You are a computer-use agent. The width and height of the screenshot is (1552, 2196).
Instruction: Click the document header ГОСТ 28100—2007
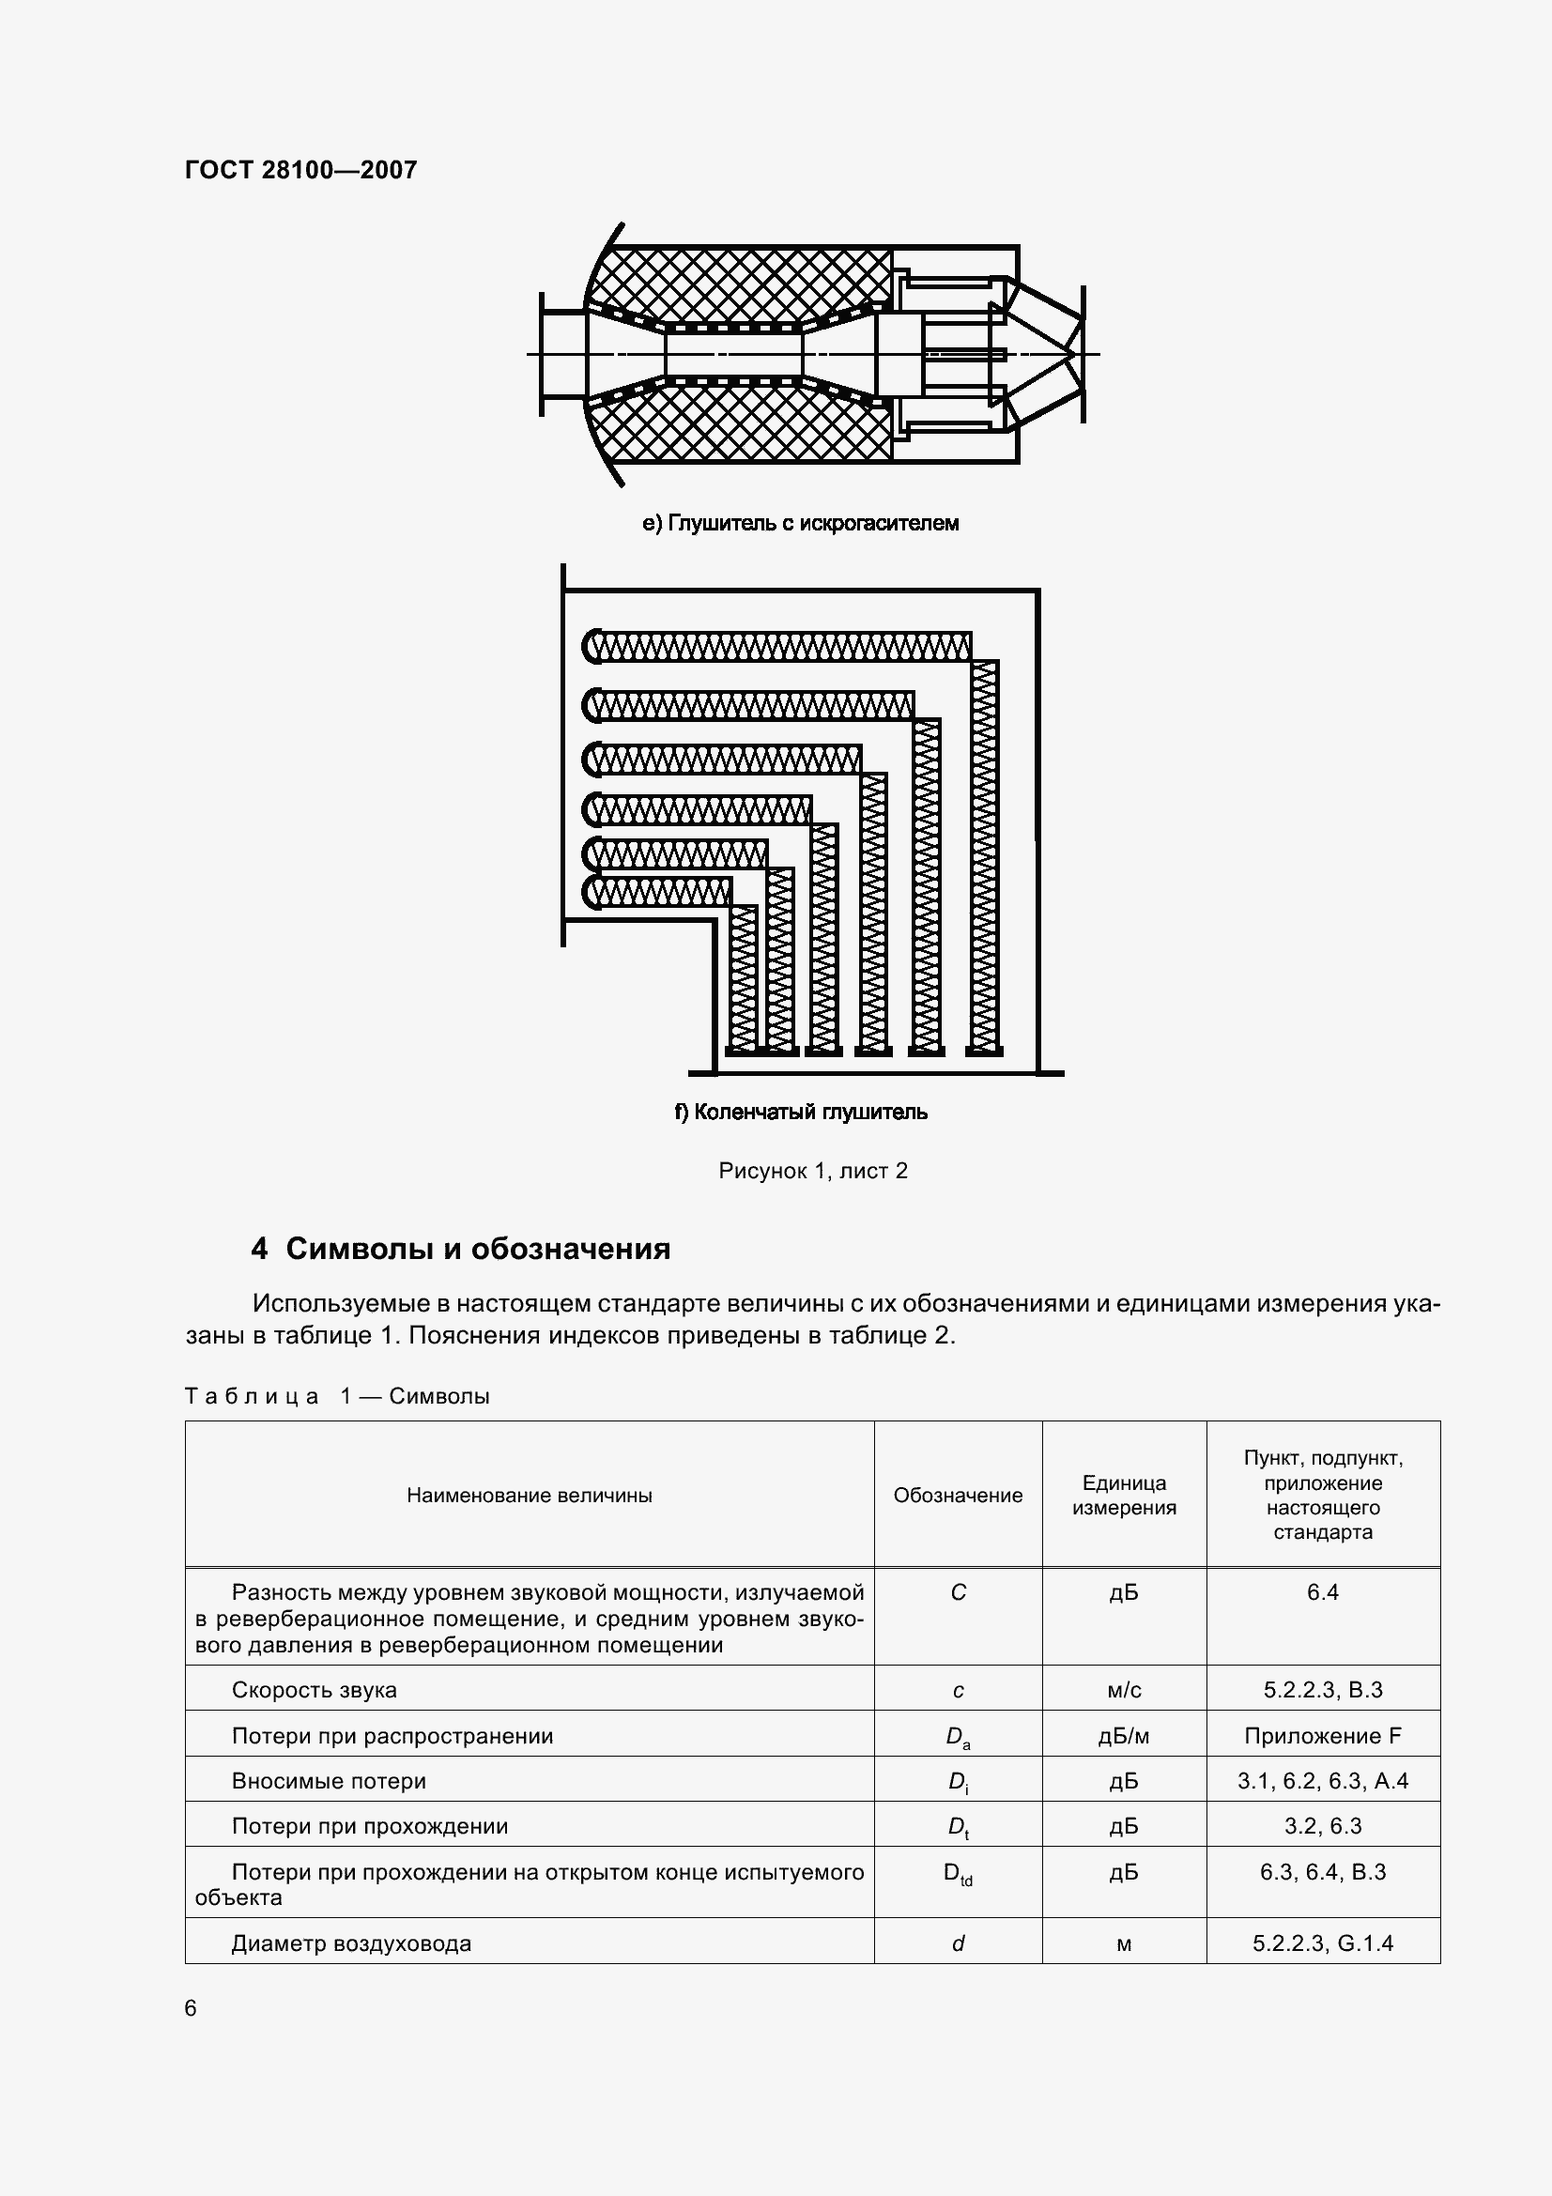click(300, 170)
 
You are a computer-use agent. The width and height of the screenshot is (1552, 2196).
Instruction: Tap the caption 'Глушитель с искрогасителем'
click(800, 523)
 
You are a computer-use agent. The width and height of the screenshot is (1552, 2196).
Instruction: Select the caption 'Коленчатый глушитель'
click(800, 1112)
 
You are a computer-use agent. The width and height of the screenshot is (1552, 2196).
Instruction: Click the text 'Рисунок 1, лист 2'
click(813, 1171)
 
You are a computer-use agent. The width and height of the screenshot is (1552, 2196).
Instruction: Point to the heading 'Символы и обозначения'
click(460, 1249)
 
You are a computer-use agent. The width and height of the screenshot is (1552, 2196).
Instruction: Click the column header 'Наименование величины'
click(529, 1495)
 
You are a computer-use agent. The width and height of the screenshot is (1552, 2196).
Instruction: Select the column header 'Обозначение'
click(958, 1495)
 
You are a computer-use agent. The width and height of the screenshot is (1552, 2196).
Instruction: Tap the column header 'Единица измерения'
click(1124, 1495)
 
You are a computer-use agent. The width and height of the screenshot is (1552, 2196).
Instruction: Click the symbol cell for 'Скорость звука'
click(959, 1690)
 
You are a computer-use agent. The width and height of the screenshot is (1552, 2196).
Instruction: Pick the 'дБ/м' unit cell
click(1124, 1736)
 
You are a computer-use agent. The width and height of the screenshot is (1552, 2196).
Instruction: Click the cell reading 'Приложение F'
click(1323, 1736)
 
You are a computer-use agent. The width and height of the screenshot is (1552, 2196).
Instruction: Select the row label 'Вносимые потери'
click(329, 1781)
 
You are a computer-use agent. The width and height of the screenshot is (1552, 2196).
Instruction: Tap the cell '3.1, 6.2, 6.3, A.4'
click(1323, 1781)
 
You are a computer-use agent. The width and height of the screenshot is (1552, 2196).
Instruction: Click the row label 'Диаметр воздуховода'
click(351, 1943)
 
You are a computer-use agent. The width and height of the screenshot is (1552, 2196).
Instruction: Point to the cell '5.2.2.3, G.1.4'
click(1323, 1943)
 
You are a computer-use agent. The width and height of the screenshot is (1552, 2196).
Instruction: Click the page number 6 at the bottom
click(191, 2008)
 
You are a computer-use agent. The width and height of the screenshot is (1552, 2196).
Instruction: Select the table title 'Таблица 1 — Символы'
click(337, 1396)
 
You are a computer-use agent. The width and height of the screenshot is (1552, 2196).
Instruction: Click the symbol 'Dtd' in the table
click(959, 1874)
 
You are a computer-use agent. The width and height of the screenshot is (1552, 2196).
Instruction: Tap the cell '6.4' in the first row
click(1323, 1592)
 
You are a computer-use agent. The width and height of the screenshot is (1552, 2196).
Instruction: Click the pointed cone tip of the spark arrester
click(1077, 355)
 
